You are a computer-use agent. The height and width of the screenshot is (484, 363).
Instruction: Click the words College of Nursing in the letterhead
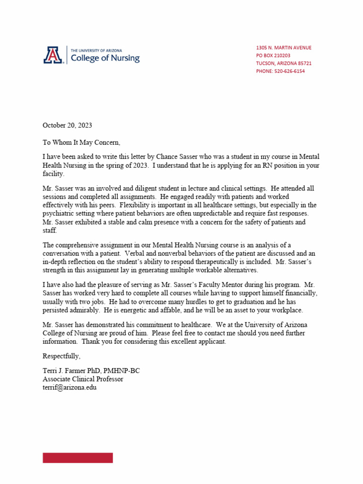coord(105,58)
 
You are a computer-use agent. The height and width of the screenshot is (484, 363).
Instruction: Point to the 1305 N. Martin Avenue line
coord(284,48)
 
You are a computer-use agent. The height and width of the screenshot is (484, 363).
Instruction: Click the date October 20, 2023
coord(67,125)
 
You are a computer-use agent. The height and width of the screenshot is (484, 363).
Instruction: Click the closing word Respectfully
coord(61,355)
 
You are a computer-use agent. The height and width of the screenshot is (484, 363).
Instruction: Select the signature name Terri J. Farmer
coord(65,371)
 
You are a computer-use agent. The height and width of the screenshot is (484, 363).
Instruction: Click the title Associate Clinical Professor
coord(83,379)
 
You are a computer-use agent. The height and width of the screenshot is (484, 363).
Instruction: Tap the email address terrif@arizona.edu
coord(69,387)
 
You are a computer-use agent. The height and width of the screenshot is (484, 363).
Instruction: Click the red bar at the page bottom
coord(78,458)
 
